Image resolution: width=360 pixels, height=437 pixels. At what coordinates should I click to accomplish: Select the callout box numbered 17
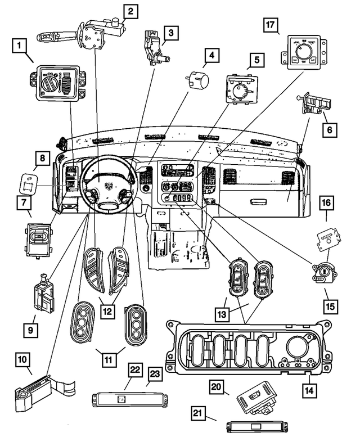pyautogui.click(x=271, y=25)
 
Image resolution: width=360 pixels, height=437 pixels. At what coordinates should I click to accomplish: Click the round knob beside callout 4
pyautogui.click(x=196, y=79)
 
